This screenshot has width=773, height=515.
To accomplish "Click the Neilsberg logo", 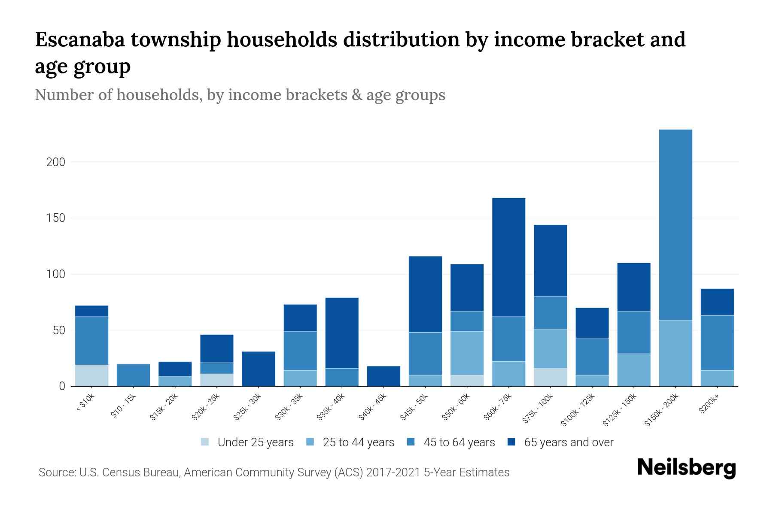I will click(686, 468).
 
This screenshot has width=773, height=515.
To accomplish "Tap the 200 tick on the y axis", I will click(56, 162).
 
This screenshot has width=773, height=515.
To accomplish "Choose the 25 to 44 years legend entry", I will click(351, 442).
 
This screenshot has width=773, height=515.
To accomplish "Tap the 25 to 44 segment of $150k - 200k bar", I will click(676, 353).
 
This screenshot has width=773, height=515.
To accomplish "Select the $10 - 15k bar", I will click(134, 375).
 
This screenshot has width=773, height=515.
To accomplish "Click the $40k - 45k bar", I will click(384, 376).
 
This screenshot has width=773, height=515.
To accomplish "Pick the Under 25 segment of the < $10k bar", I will click(92, 376).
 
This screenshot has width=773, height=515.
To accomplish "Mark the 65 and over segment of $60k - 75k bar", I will click(509, 257).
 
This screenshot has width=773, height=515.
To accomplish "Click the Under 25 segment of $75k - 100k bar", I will click(551, 377).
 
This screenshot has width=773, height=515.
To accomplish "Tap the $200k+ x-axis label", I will click(709, 406).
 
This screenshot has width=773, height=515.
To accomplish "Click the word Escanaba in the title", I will click(80, 39).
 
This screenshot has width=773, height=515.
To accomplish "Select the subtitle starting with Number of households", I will click(240, 95).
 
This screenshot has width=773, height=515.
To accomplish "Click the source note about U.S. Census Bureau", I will click(274, 473).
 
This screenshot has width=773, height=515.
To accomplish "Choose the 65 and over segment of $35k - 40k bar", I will click(342, 333).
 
